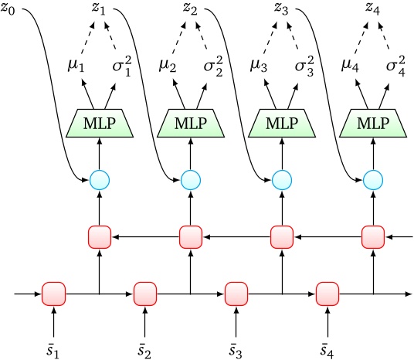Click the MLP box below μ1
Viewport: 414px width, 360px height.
pyautogui.click(x=100, y=123)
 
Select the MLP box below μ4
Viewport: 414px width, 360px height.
pyautogui.click(x=372, y=123)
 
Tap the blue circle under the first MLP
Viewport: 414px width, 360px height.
pyautogui.click(x=100, y=181)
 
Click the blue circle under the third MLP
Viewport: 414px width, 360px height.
pyautogui.click(x=282, y=181)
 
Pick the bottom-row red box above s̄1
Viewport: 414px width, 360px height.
pyautogui.click(x=54, y=294)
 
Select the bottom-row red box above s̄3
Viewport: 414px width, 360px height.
pyautogui.click(x=236, y=294)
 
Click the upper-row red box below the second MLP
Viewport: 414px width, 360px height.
pyautogui.click(x=191, y=236)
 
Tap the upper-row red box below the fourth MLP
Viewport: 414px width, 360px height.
pyautogui.click(x=372, y=236)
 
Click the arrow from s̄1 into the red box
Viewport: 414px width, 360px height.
pyautogui.click(x=54, y=318)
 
